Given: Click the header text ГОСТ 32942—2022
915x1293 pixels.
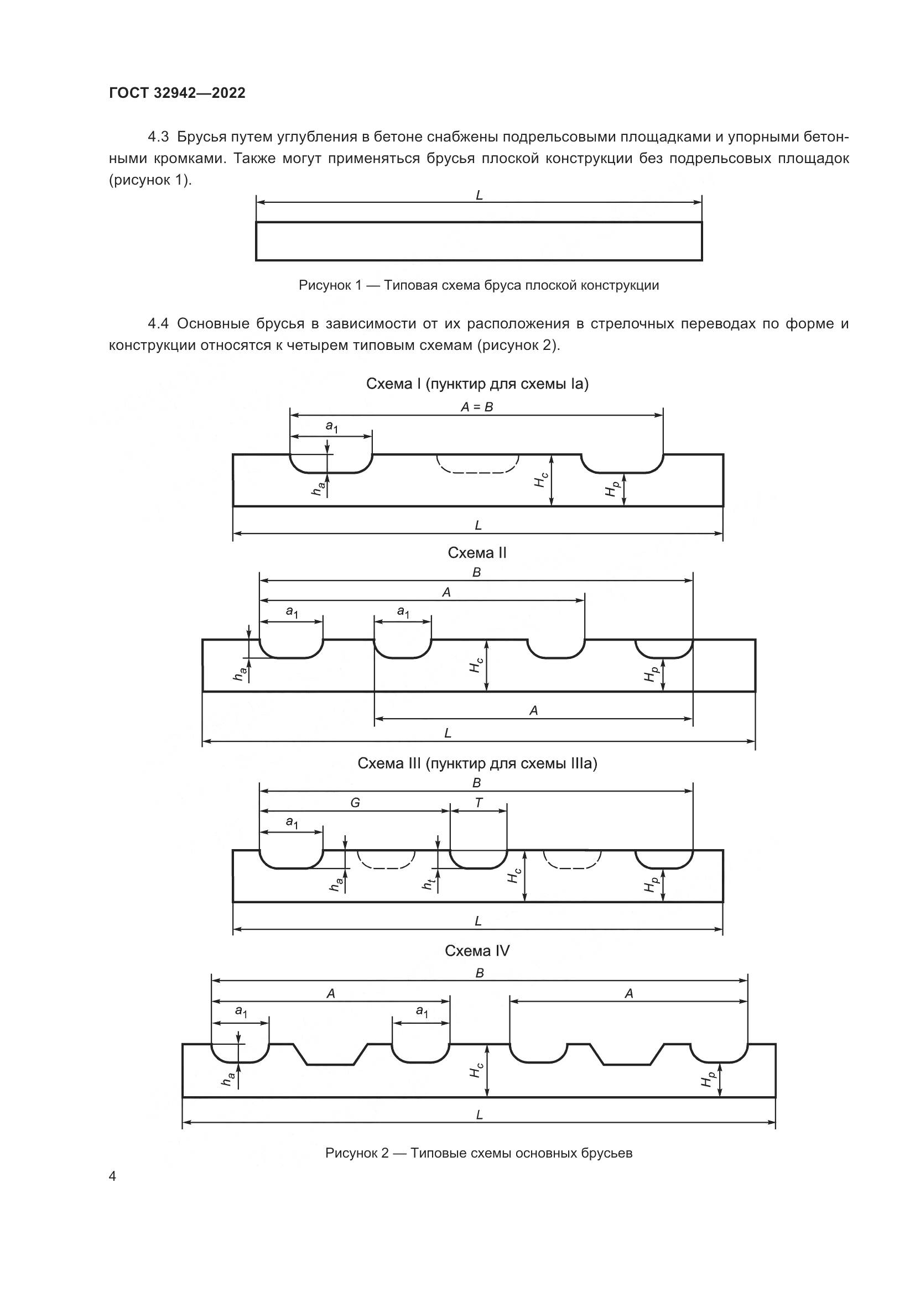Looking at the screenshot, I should point(177,93).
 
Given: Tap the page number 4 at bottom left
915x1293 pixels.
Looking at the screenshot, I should point(113,1176).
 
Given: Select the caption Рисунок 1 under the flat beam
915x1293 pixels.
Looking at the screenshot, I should point(479,285).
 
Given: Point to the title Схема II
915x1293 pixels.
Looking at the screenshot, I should point(477,553).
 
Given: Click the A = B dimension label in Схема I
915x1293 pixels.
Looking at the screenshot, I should point(477,407).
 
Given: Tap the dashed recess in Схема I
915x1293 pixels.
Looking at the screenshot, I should point(478,463).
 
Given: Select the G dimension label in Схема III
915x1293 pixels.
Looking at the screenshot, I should point(355,803).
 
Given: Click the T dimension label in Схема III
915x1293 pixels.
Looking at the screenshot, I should point(479,803).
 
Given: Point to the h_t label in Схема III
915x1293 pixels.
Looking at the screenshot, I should point(428,885).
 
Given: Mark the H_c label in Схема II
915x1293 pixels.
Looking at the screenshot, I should point(476,666).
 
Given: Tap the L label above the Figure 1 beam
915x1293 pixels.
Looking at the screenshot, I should point(479,195).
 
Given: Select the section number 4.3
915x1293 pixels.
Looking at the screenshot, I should point(158,137).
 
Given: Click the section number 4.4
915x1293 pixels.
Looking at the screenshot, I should point(158,324).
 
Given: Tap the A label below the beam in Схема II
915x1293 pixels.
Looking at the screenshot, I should point(533,711).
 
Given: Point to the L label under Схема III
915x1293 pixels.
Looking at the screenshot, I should point(478,922).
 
